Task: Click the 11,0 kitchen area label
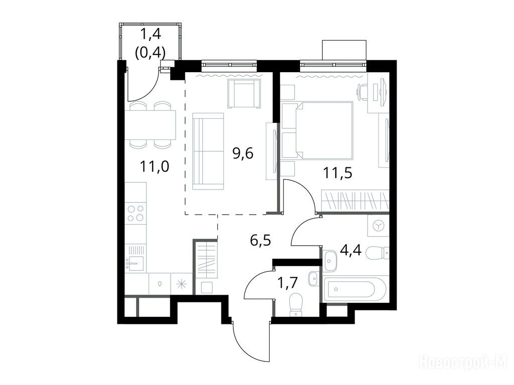pos(155,166)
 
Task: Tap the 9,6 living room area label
pos(243,153)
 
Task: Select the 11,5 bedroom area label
pos(338,172)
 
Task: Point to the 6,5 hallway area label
pos(261,241)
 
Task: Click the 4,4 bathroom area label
pos(351,251)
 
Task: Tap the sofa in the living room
pos(208,151)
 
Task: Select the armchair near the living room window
pos(245,94)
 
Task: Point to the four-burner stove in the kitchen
pos(136,213)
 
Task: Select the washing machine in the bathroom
pos(378,225)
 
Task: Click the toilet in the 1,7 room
pos(297,304)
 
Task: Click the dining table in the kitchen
pos(150,125)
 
